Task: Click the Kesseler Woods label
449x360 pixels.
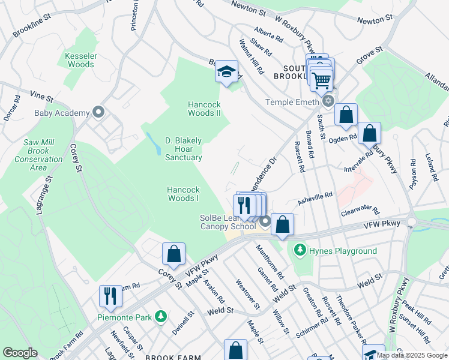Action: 80,60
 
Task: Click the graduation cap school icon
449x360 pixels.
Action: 227,72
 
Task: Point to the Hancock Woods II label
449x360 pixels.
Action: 204,108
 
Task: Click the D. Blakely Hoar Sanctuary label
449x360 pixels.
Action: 184,149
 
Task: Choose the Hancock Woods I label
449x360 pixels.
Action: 183,194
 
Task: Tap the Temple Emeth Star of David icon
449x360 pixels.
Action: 327,101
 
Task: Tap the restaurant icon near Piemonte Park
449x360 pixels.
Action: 110,296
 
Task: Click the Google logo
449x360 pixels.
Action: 20,353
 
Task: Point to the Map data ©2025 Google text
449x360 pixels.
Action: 412,355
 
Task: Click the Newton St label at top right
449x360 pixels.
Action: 374,20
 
